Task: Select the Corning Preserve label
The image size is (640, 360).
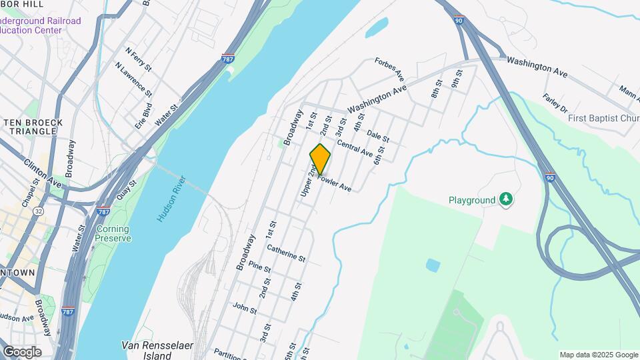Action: tap(112, 233)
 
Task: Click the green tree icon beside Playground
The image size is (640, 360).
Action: tap(507, 199)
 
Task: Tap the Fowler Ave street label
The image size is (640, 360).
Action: tap(335, 183)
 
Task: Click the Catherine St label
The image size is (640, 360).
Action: tap(286, 253)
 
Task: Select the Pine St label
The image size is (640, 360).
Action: tap(259, 268)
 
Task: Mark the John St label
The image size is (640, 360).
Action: tap(245, 307)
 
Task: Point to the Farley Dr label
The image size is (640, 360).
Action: tap(555, 103)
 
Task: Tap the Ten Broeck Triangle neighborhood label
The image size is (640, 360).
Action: tap(33, 127)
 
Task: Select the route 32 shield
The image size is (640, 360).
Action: tap(39, 211)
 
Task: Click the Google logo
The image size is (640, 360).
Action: tap(21, 352)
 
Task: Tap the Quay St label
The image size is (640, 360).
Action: tap(126, 191)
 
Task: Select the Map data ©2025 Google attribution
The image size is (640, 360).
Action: tap(598, 355)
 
